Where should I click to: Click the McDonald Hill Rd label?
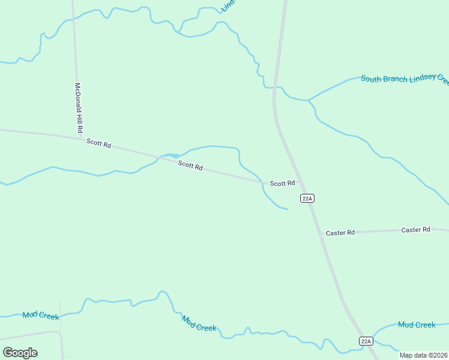point(78,108)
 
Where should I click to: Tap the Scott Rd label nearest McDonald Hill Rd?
point(99,143)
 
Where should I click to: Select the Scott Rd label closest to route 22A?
point(282,183)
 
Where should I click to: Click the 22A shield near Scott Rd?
point(307,198)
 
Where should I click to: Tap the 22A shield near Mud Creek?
point(366,341)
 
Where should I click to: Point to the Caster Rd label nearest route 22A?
point(340,232)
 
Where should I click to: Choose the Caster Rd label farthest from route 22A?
point(416,230)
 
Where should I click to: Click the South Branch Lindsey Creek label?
point(405,79)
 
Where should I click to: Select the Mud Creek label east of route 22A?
point(417,325)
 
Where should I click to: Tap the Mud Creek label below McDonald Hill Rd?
point(41,315)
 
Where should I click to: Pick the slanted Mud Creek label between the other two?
point(199,324)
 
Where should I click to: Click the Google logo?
point(20,353)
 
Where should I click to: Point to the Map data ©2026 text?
point(424,355)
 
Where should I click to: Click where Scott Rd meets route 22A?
point(301,184)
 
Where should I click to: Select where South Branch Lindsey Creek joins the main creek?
point(308,100)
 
